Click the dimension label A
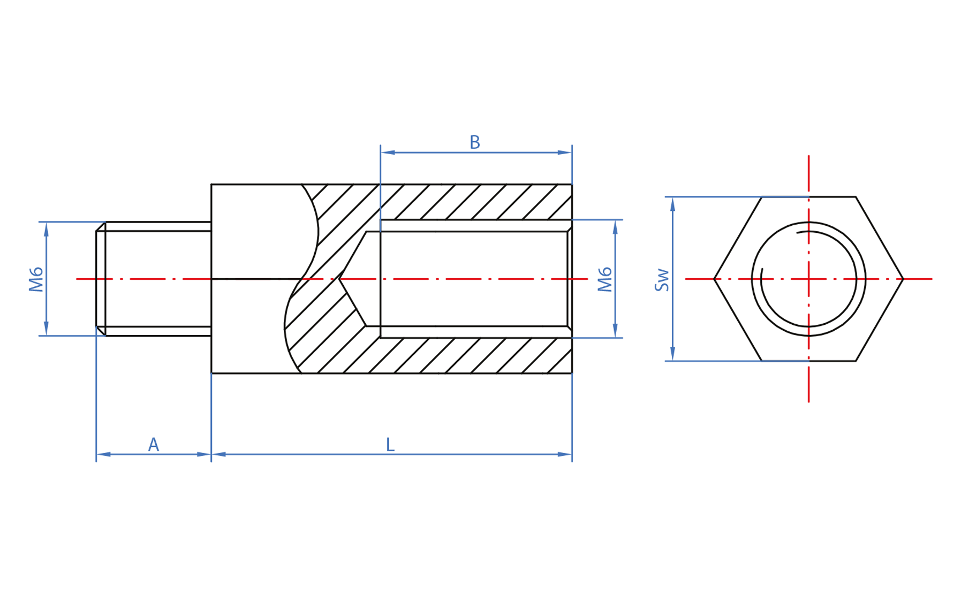coord(154,445)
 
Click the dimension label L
coord(390,445)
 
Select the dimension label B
coord(474,142)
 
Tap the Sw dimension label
coord(662,279)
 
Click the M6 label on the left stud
coord(36,279)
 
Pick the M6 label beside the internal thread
coord(605,279)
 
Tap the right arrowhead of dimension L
coord(565,454)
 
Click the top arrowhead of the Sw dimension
coord(672,204)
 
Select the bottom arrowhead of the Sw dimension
coord(672,354)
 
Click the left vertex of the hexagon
coord(714,279)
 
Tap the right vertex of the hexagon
coord(903,279)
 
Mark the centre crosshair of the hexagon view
coord(808,279)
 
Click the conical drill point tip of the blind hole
coord(339,279)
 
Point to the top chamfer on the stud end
coord(101,226)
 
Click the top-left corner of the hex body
coord(211,185)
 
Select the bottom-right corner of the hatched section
coord(572,373)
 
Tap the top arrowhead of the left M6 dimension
coord(47,229)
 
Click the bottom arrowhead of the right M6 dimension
coord(615,331)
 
